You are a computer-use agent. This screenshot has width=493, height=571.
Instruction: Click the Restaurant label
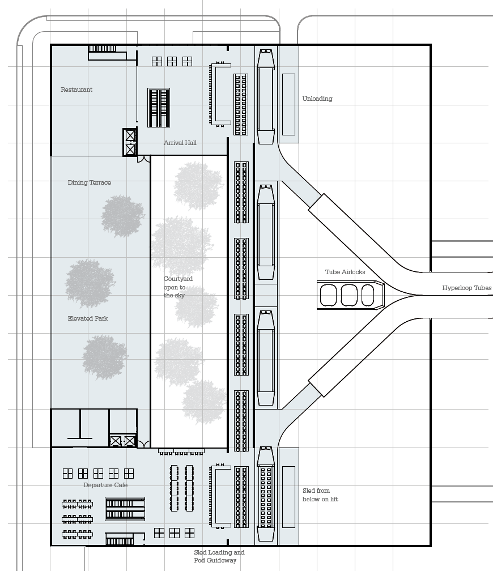(x=76, y=90)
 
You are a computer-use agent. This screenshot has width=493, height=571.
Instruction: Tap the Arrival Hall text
(x=180, y=143)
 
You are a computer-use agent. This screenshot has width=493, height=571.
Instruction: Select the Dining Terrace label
(x=89, y=182)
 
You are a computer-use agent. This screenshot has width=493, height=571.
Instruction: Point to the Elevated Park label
(x=87, y=318)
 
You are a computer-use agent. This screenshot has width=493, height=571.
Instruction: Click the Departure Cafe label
(x=105, y=485)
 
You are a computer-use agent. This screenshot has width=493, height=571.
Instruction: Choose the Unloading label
(x=317, y=99)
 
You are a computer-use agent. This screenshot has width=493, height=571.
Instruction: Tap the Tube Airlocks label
(x=345, y=272)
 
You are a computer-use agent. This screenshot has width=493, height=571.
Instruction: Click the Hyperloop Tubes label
(x=466, y=288)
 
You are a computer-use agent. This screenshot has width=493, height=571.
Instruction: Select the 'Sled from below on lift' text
(x=320, y=495)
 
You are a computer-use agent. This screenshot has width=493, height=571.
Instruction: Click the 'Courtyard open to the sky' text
(x=178, y=287)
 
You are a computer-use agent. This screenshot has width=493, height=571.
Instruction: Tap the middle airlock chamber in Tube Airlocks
(x=348, y=295)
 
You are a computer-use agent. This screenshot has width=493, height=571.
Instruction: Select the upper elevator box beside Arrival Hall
(x=130, y=136)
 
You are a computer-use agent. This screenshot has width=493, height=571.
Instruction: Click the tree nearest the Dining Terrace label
(x=122, y=216)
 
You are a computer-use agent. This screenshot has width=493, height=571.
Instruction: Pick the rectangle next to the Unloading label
(x=288, y=104)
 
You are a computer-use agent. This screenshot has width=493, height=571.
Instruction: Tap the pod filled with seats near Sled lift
(x=266, y=496)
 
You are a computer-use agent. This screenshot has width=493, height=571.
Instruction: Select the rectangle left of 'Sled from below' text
(x=288, y=497)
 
